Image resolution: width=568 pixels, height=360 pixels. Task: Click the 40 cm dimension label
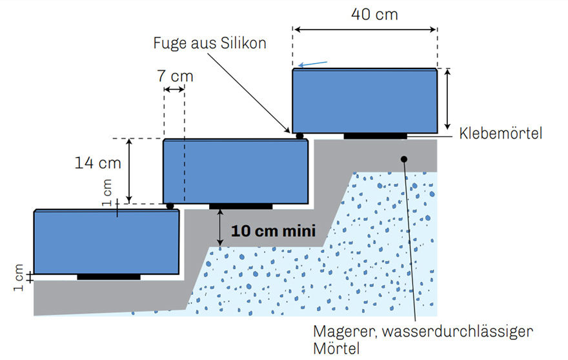click(374, 14)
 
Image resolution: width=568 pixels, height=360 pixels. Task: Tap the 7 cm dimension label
click(175, 76)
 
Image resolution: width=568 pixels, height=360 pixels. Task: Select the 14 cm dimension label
click(98, 163)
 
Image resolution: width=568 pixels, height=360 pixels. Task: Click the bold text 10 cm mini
click(274, 231)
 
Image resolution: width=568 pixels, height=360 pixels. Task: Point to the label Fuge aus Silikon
click(210, 43)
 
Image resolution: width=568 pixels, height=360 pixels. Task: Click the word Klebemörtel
click(501, 134)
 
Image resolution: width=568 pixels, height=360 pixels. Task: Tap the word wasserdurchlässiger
click(458, 332)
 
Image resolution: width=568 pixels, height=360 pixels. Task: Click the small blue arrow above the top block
click(312, 64)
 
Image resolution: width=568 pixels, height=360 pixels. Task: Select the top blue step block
click(365, 101)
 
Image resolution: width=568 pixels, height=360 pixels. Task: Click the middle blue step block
click(236, 172)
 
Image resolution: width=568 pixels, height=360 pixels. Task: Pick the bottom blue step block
click(107, 242)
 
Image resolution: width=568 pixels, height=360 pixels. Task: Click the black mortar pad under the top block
click(375, 136)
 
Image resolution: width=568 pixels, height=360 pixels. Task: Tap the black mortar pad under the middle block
click(241, 206)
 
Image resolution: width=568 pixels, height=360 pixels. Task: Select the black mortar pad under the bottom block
click(108, 277)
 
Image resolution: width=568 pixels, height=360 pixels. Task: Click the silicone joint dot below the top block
click(299, 136)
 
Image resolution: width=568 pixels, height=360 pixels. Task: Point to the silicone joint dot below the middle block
click(170, 206)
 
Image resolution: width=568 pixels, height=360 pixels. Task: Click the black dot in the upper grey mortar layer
click(404, 159)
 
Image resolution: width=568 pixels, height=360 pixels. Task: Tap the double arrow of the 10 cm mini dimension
click(220, 228)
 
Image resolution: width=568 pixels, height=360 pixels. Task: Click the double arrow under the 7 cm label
click(174, 89)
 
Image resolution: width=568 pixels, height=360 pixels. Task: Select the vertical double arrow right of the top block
click(448, 99)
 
